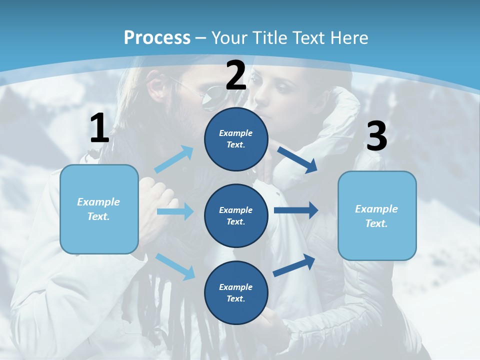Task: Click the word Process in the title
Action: pos(157,37)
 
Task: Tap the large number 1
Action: pos(99,128)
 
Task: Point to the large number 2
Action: pos(235,75)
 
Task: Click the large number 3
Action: pos(376,136)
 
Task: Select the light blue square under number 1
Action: pos(99,209)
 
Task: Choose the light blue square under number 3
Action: pos(377,215)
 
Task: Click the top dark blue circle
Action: pos(236,139)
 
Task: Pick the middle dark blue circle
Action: pos(236,215)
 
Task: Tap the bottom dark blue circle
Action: pos(236,292)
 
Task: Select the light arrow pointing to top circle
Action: pos(174,159)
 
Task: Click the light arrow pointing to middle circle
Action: pos(175,211)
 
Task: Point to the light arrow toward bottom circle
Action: pos(175,266)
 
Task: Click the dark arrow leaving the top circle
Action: pos(297,159)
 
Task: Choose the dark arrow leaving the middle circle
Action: pos(296,210)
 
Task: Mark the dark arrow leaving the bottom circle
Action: pos(294,265)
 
